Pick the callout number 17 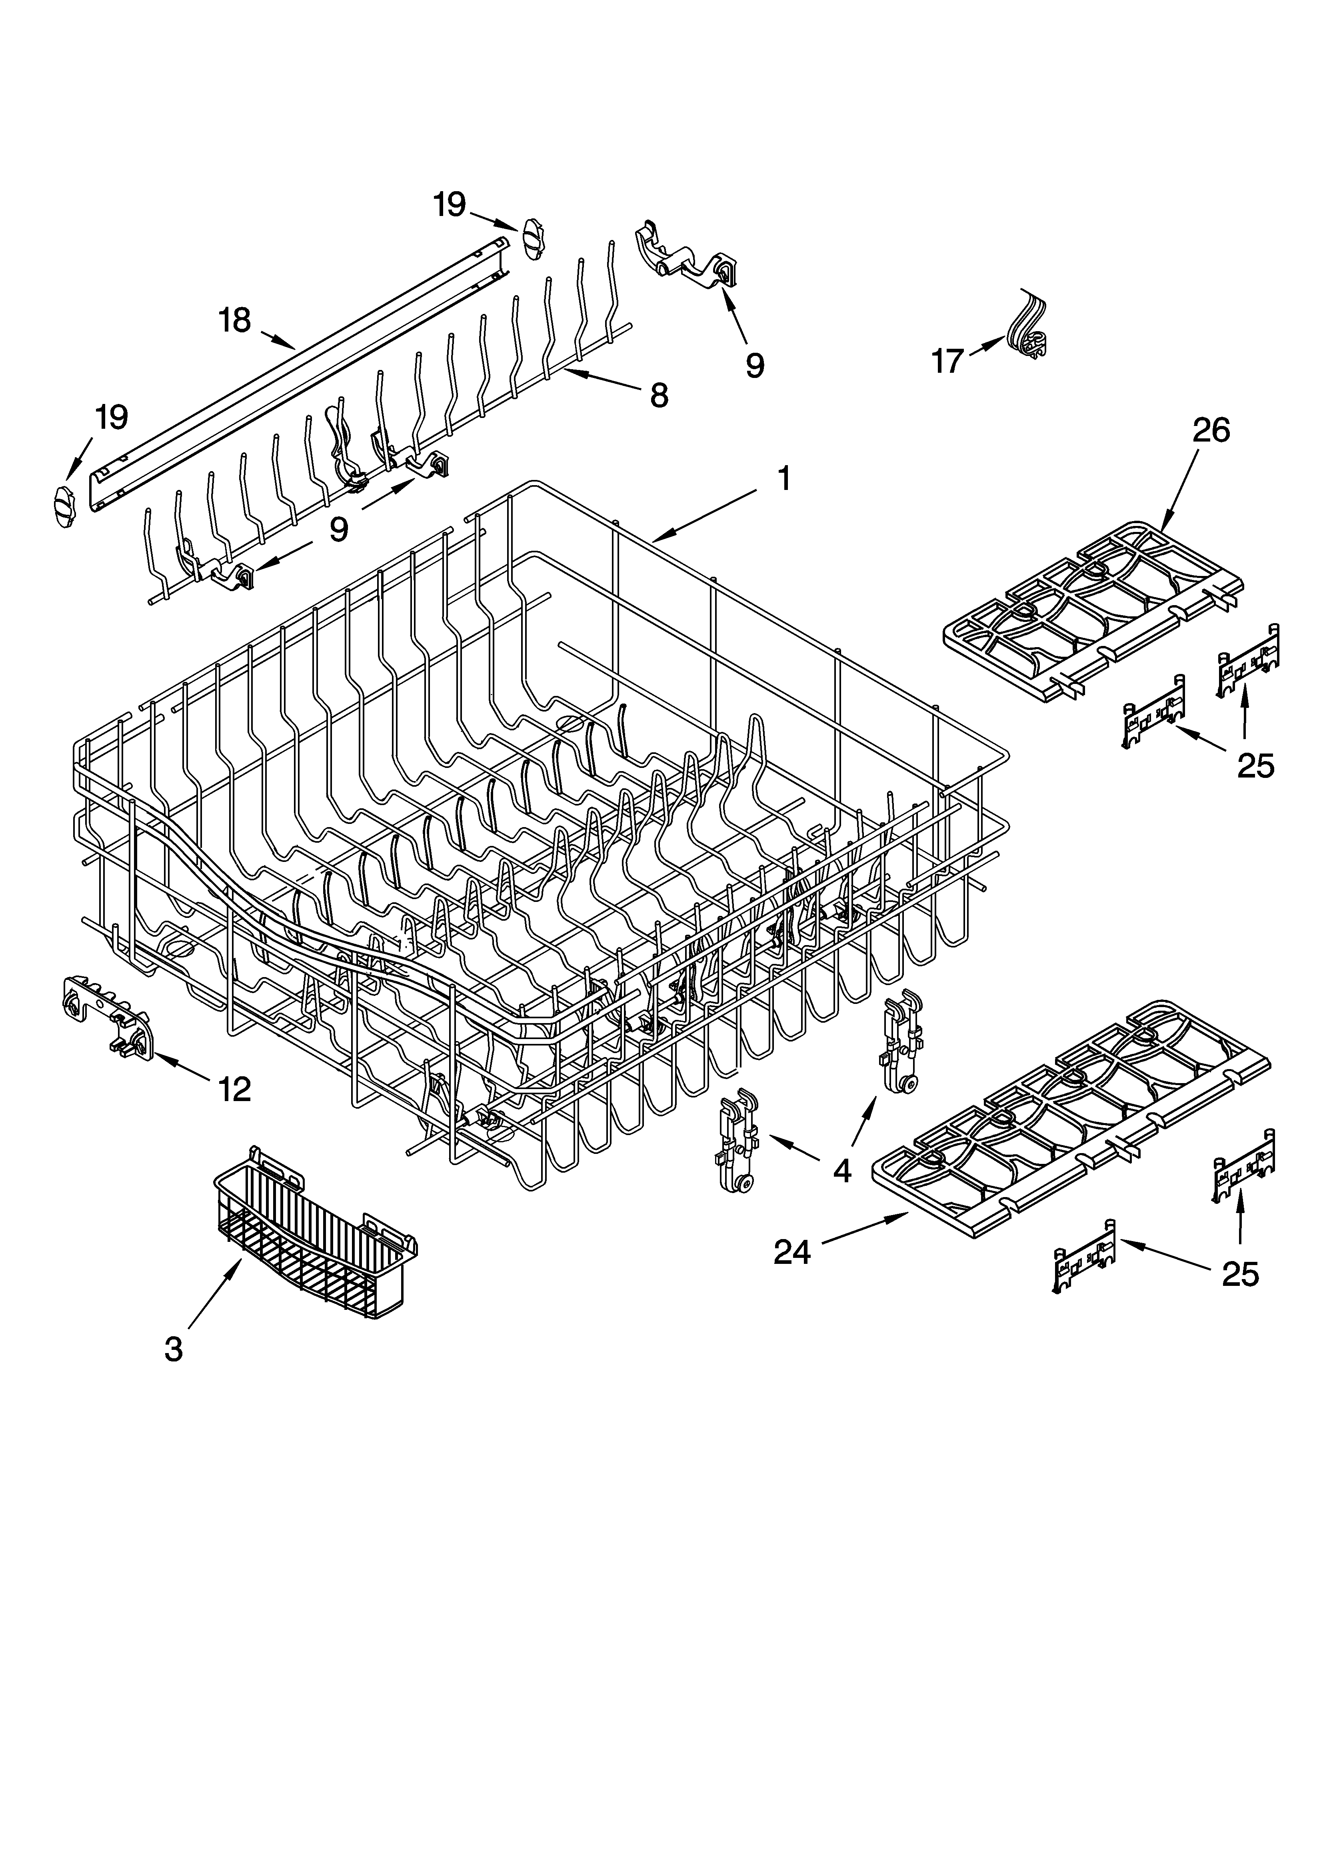click(x=947, y=361)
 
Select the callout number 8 click(x=659, y=396)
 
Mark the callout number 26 click(x=1211, y=430)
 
